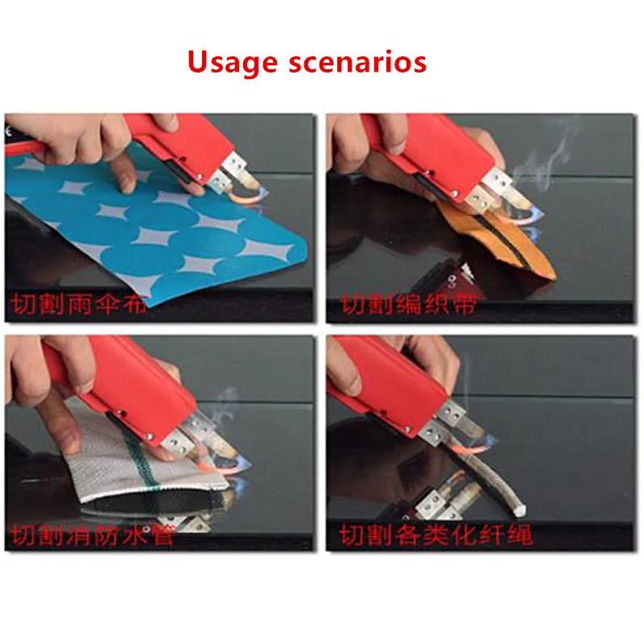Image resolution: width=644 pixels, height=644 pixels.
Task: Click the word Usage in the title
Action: (x=233, y=63)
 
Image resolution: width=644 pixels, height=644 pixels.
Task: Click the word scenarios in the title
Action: (x=357, y=63)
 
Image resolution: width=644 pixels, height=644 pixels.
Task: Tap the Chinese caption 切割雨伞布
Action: (x=78, y=304)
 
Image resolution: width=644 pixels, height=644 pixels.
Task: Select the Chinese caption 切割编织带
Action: (x=409, y=304)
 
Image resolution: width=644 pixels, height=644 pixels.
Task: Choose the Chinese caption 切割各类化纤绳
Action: (x=436, y=535)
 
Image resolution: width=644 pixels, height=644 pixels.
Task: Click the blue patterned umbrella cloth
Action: (x=160, y=230)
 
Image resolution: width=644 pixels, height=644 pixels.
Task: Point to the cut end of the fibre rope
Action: (x=518, y=510)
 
